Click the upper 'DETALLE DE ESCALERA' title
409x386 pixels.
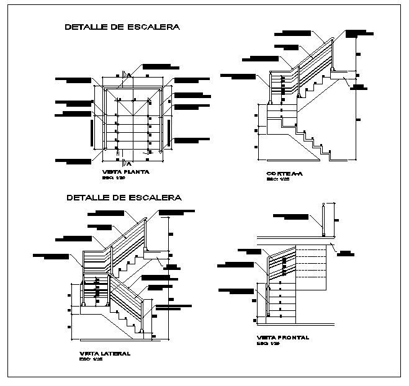click(123, 27)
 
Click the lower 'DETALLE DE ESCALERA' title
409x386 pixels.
click(124, 198)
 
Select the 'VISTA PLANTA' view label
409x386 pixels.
click(124, 172)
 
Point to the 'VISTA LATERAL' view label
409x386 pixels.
click(105, 353)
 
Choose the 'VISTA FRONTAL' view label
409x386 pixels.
click(283, 338)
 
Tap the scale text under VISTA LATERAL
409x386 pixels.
click(91, 359)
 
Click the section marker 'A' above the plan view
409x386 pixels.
click(128, 74)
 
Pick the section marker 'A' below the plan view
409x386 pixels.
click(128, 163)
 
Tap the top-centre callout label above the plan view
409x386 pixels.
click(160, 66)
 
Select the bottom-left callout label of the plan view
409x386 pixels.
click(72, 161)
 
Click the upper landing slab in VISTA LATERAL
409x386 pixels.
click(156, 254)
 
